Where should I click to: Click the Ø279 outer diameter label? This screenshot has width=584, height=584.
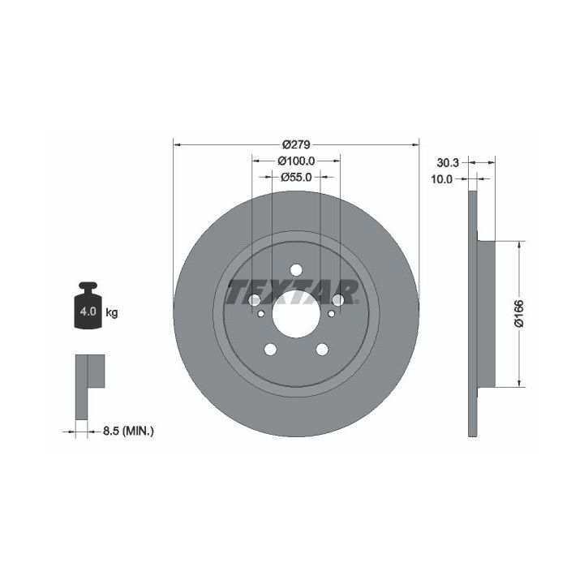(x=296, y=144)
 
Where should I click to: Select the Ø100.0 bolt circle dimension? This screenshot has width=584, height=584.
(x=297, y=161)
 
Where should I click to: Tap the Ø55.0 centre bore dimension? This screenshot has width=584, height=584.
(x=296, y=178)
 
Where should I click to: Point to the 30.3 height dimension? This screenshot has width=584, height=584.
(x=448, y=162)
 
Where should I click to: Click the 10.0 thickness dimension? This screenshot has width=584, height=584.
(x=441, y=179)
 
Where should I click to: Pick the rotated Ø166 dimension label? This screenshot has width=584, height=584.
(x=519, y=313)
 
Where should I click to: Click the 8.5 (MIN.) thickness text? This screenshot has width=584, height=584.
(x=128, y=432)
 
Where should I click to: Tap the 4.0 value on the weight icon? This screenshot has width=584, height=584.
(x=88, y=311)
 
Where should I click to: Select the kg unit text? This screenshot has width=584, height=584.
(x=112, y=312)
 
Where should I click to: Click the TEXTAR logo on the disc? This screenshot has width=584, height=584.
(x=292, y=292)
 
